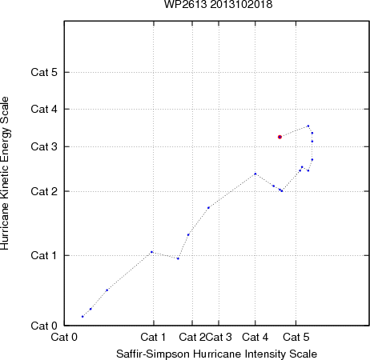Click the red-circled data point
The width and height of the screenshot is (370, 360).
[x=280, y=137]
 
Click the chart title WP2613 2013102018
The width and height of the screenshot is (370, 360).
[x=218, y=4]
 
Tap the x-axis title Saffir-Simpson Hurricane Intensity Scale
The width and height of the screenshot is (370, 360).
[x=217, y=354]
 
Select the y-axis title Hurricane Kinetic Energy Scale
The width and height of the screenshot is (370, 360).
[x=5, y=173]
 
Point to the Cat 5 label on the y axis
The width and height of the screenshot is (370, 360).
[x=44, y=72]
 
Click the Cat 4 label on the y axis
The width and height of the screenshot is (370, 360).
[x=44, y=109]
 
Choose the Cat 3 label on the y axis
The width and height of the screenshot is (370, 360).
[x=44, y=146]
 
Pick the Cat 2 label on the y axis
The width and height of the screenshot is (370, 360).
[x=44, y=191]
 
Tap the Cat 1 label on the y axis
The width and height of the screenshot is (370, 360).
[x=44, y=255]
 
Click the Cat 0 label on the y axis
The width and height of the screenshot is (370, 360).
[x=44, y=326]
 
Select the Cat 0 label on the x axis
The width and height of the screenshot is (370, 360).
[x=64, y=337]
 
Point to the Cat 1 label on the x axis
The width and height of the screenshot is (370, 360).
[x=153, y=337]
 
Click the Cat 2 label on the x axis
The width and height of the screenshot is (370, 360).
[x=192, y=337]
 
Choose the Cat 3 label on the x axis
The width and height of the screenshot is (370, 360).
[x=219, y=337]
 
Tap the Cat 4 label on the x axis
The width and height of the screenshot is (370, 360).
[x=255, y=337]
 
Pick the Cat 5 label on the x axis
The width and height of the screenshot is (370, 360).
[x=296, y=337]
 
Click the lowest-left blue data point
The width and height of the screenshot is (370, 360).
[x=82, y=317]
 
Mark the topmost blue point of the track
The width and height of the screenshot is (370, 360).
[x=308, y=126]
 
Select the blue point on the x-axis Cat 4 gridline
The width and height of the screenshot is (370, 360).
[x=255, y=174]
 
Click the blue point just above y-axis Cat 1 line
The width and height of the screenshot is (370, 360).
[x=151, y=252]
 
